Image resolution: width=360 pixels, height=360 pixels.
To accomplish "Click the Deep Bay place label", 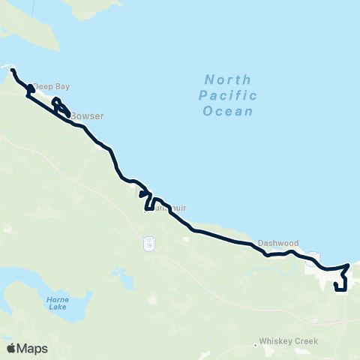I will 50,85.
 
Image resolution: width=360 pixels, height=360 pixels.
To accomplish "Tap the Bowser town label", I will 87,116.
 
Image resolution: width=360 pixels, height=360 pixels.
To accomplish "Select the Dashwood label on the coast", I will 278,243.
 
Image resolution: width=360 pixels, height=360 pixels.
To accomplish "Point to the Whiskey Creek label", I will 289,340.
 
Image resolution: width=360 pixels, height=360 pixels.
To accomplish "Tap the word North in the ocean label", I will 228,79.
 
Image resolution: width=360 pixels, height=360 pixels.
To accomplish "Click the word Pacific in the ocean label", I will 228,95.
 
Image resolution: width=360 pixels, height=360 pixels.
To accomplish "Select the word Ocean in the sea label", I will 228,111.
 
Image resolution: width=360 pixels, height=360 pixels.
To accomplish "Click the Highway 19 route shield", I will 150,244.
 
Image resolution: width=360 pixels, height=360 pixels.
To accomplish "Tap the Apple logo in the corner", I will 11,348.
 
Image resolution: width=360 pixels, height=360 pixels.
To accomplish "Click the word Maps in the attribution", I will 33,348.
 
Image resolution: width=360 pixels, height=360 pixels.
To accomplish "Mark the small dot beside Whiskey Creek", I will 256,345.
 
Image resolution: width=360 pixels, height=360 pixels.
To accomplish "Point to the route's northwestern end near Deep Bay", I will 13,70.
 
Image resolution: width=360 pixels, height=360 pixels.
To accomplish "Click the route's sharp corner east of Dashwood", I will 349,265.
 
